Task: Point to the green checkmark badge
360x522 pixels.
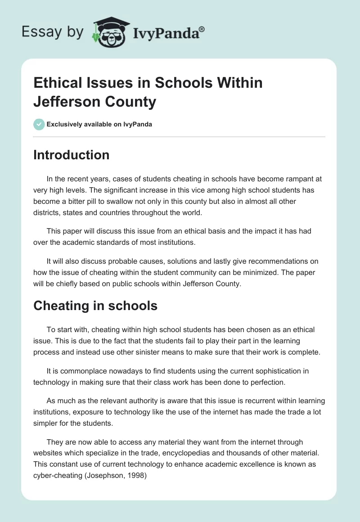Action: (39, 124)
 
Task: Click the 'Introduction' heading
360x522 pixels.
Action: (72, 155)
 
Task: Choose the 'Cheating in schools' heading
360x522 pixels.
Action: (95, 306)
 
